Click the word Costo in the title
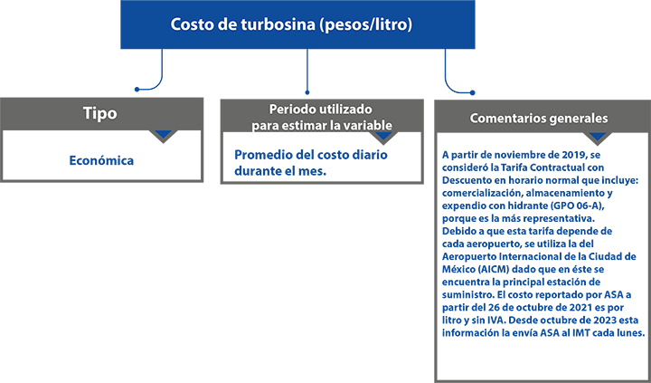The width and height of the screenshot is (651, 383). pos(191,24)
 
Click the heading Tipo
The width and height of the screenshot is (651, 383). pos(99,115)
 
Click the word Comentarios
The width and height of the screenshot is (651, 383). pos(511,118)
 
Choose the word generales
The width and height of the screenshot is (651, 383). pos(580,118)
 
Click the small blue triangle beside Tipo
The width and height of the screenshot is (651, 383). pos(163,134)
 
